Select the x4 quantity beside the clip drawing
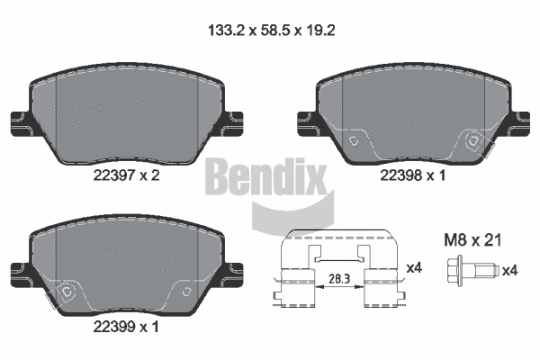coord(415,267)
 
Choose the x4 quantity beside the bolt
coord(510,269)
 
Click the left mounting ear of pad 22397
coord(17,121)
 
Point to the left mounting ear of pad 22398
coord(304,121)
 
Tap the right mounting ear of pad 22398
coord(522,121)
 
